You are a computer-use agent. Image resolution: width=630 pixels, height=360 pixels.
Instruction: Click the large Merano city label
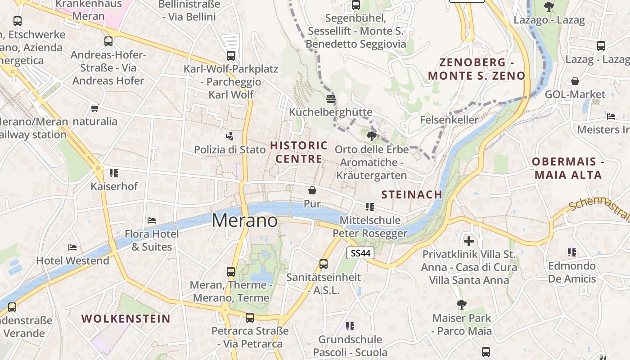pyautogui.click(x=245, y=220)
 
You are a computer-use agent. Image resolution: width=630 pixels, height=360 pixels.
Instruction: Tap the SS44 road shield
pyautogui.click(x=361, y=253)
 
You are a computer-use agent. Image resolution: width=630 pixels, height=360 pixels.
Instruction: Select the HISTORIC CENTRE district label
pyautogui.click(x=299, y=152)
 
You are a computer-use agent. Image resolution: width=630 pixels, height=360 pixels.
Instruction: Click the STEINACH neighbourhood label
pyautogui.click(x=412, y=194)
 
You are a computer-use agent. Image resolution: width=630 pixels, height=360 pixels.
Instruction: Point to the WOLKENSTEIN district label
pyautogui.click(x=126, y=319)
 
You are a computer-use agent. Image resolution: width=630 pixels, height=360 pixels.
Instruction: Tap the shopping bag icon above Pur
pyautogui.click(x=312, y=190)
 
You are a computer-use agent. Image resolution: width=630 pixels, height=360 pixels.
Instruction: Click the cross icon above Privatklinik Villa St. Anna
pyautogui.click(x=469, y=241)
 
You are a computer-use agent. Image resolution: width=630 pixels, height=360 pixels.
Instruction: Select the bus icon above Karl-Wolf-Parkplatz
pyautogui.click(x=231, y=56)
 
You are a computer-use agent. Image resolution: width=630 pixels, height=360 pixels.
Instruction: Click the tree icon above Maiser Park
pyautogui.click(x=461, y=305)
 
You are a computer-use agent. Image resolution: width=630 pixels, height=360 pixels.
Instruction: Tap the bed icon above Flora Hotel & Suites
pyautogui.click(x=152, y=220)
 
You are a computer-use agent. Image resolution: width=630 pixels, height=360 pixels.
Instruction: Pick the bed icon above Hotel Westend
pyautogui.click(x=72, y=247)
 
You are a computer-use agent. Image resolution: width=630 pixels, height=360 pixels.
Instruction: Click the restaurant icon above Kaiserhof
pyautogui.click(x=114, y=173)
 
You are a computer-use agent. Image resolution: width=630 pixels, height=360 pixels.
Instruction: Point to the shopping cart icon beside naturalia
pyautogui.click(x=95, y=108)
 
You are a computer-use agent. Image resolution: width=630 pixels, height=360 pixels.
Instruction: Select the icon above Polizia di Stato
pyautogui.click(x=230, y=135)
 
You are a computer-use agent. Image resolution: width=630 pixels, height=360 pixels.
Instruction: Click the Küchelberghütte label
pyautogui.click(x=331, y=112)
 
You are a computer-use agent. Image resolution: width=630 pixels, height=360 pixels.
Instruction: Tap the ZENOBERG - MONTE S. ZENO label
pyautogui.click(x=477, y=69)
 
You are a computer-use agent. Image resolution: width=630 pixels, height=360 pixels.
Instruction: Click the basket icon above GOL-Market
pyautogui.click(x=575, y=81)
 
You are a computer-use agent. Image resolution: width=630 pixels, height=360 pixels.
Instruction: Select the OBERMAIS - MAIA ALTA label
pyautogui.click(x=568, y=168)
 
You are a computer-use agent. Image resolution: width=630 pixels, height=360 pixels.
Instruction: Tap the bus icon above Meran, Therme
pyautogui.click(x=231, y=272)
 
